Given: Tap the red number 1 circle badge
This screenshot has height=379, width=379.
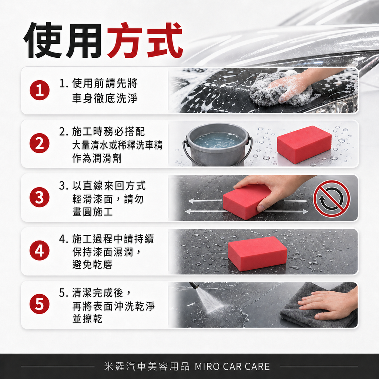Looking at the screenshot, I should pos(39,91).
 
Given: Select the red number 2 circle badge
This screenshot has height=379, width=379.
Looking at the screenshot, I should pos(39,144).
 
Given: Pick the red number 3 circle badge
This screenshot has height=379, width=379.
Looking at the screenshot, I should pos(39,198).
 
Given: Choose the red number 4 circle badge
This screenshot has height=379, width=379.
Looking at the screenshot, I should pos(39,251).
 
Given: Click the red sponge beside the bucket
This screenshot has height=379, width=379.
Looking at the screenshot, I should pos(304,144).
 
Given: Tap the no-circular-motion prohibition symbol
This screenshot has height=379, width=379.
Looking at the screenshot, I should pos(331,198).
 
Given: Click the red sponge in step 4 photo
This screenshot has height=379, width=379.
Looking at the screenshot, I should pos(257,254).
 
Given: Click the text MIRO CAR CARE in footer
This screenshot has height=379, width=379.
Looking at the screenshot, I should pos(232,366).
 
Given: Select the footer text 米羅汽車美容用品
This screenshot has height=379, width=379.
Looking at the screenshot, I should pos(147,366).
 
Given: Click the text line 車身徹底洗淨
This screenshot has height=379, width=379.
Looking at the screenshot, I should pos(105,98).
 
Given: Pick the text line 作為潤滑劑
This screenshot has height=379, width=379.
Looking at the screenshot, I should pos(97,158).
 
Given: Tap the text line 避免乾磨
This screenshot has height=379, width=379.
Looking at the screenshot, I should pos(92,265).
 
